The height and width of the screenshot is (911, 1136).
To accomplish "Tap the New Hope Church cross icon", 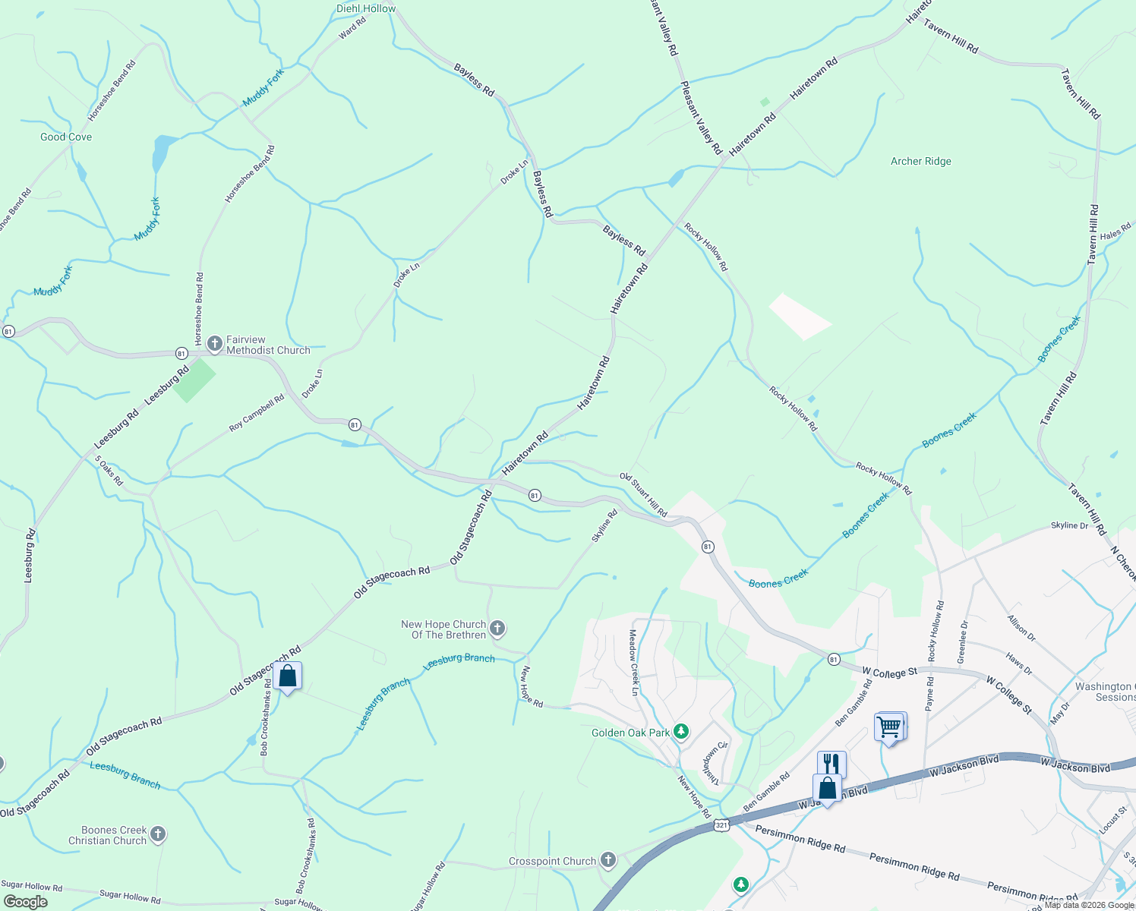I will (x=497, y=629).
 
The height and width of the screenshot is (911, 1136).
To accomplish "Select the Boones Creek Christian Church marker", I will (x=158, y=834).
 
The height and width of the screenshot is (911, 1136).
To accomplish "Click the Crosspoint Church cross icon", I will (x=607, y=860).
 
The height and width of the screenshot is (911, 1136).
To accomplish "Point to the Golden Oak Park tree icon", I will (x=681, y=732).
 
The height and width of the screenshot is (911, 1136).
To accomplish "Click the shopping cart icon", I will (x=888, y=727).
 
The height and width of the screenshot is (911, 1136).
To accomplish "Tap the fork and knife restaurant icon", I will (x=831, y=762).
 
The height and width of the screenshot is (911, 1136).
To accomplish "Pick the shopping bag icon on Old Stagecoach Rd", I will (x=288, y=676).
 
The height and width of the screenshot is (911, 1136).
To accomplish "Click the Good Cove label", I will (x=66, y=137).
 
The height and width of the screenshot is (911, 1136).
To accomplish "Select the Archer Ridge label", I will (x=920, y=161).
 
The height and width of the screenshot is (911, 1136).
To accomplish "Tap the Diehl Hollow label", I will (x=366, y=8).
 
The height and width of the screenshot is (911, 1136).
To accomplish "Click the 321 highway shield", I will (x=721, y=824).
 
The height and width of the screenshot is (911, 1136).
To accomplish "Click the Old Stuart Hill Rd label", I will (x=643, y=495).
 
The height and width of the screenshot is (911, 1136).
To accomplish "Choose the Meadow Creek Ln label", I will (x=633, y=662).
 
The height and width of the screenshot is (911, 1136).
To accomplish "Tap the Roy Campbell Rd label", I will (x=257, y=413).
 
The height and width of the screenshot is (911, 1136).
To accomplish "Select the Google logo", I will (x=26, y=901).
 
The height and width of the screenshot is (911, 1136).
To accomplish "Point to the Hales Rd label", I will (x=1115, y=232).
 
